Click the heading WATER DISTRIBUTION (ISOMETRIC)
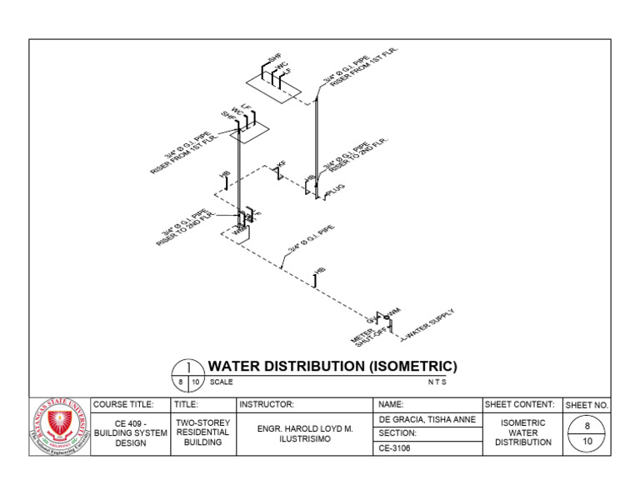pyautogui.click(x=332, y=367)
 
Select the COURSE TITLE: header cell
pyautogui.click(x=123, y=404)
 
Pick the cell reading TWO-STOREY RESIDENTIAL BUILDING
pyautogui.click(x=202, y=432)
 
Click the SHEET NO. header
pyautogui.click(x=587, y=405)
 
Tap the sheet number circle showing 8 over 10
pyautogui.click(x=587, y=433)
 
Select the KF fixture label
pyautogui.click(x=282, y=166)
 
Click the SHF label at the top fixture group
pyautogui.click(x=274, y=60)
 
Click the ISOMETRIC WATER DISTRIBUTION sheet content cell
pyautogui.click(x=523, y=432)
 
